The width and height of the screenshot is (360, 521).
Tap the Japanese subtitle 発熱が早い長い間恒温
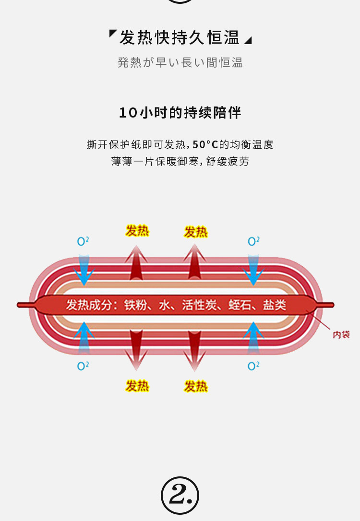[180, 63]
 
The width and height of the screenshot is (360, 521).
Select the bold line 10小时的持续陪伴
[180, 113]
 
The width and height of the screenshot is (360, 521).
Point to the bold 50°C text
[205, 144]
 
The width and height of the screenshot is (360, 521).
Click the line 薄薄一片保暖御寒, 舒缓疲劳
[180, 161]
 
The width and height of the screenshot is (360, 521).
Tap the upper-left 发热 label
[137, 231]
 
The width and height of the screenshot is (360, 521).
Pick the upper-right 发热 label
[196, 232]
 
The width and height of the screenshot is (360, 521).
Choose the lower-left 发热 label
[137, 386]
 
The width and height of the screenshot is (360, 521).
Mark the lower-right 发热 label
[196, 386]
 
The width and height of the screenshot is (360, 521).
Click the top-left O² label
[83, 241]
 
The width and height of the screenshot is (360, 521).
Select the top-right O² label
[253, 241]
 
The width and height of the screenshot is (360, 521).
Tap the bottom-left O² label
[83, 366]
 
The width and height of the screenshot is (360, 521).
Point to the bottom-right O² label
[253, 366]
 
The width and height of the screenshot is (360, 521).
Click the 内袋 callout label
[341, 335]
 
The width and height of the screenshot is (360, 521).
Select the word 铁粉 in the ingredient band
[135, 305]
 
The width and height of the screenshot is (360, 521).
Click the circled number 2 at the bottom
[180, 496]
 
